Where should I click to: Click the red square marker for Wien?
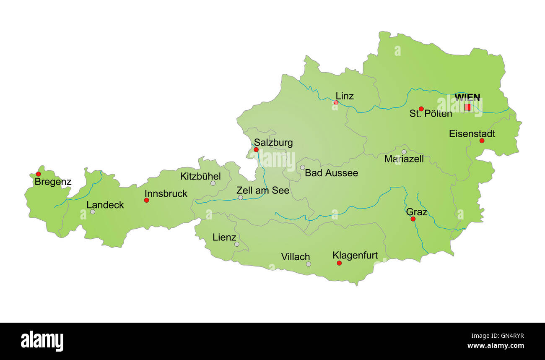coord(467,107)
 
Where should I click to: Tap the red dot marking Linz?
coord(336,102)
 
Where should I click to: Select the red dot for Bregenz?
coord(38,174)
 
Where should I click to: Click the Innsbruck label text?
coord(166,193)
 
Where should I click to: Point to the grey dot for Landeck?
coord(93,212)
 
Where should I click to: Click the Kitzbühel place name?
coord(200,176)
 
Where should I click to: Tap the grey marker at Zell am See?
coord(240,197)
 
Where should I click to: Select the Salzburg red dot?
coord(256,149)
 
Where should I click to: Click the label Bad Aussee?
coord(331,173)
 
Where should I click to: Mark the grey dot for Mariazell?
coord(404,152)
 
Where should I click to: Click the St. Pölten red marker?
coord(421,109)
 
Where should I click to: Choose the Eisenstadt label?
coord(472,133)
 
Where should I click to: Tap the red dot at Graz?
coord(413,219)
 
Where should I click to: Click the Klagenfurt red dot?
coord(339,263)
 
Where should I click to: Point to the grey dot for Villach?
coord(309,264)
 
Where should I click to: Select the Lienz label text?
coord(224,237)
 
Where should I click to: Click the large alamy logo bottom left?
coord(42,341)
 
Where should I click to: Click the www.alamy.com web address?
coord(495,346)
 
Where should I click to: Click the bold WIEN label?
coord(467,97)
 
